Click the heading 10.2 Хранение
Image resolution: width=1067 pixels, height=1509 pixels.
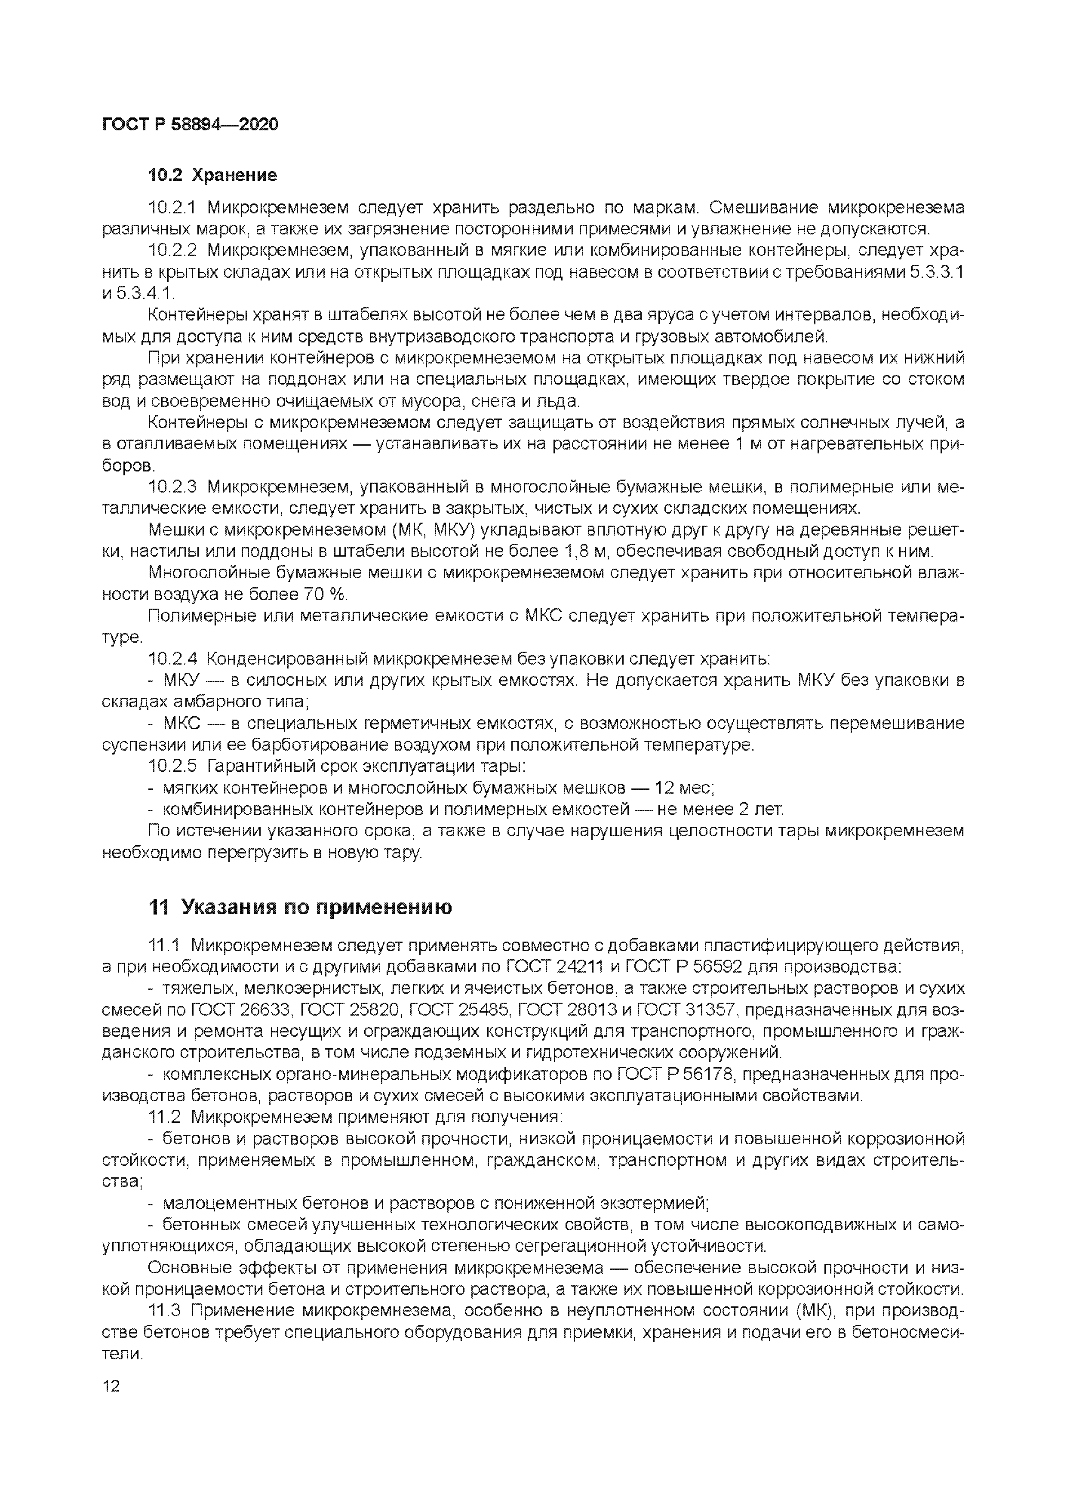point(212,176)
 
